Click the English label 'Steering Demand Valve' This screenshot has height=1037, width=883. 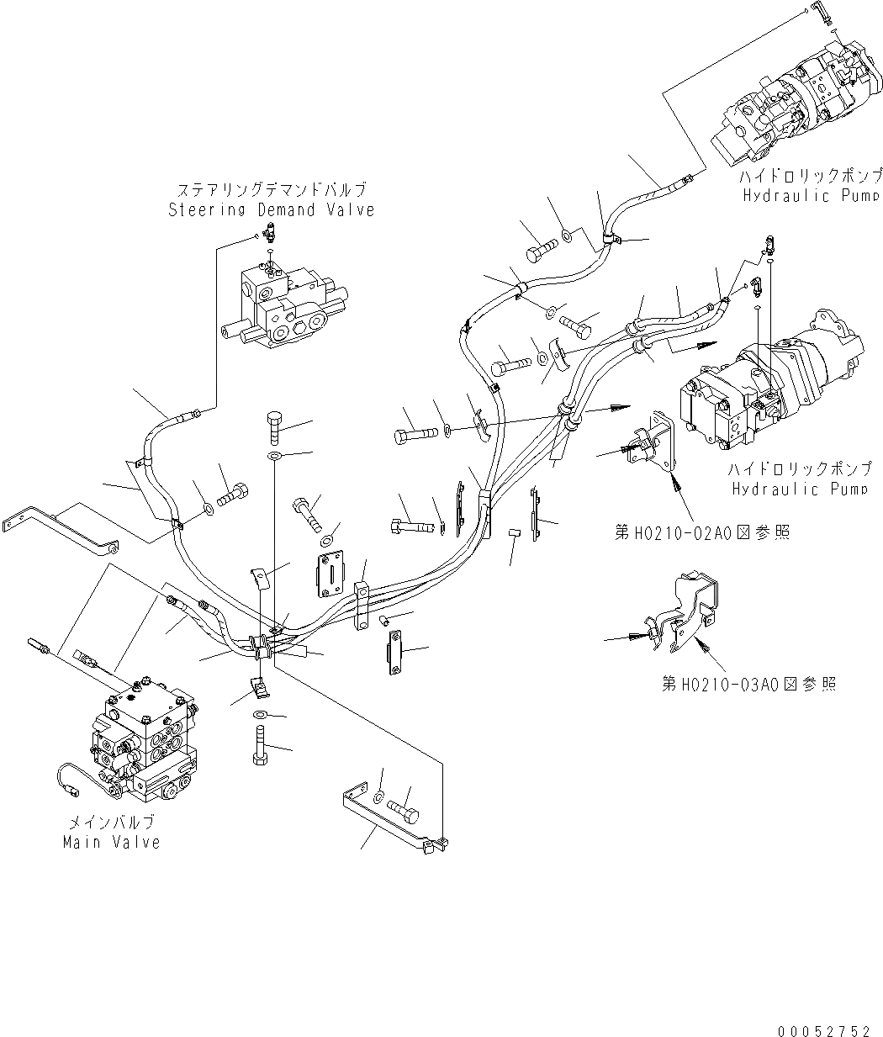(x=271, y=209)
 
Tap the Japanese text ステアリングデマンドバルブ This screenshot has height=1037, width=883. (x=271, y=190)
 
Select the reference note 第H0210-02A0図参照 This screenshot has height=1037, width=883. (x=701, y=532)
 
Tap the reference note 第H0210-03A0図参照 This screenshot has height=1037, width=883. (x=748, y=684)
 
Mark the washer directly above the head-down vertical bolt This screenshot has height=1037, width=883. (x=261, y=715)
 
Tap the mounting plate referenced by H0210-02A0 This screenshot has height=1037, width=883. (x=656, y=446)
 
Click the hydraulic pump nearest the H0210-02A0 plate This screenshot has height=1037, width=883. (x=769, y=387)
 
